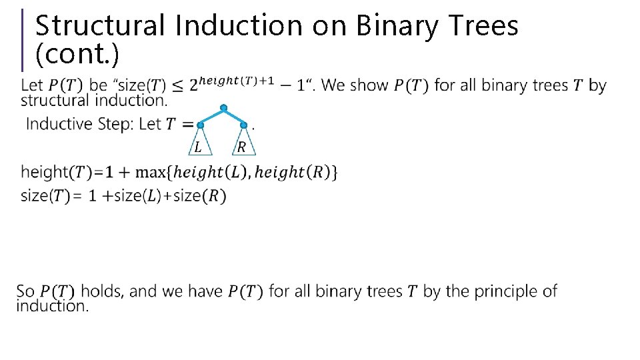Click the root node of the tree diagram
tap(223, 107)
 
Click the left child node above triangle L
tap(200, 125)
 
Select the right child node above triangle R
tap(243, 125)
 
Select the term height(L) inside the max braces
tap(210, 172)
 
